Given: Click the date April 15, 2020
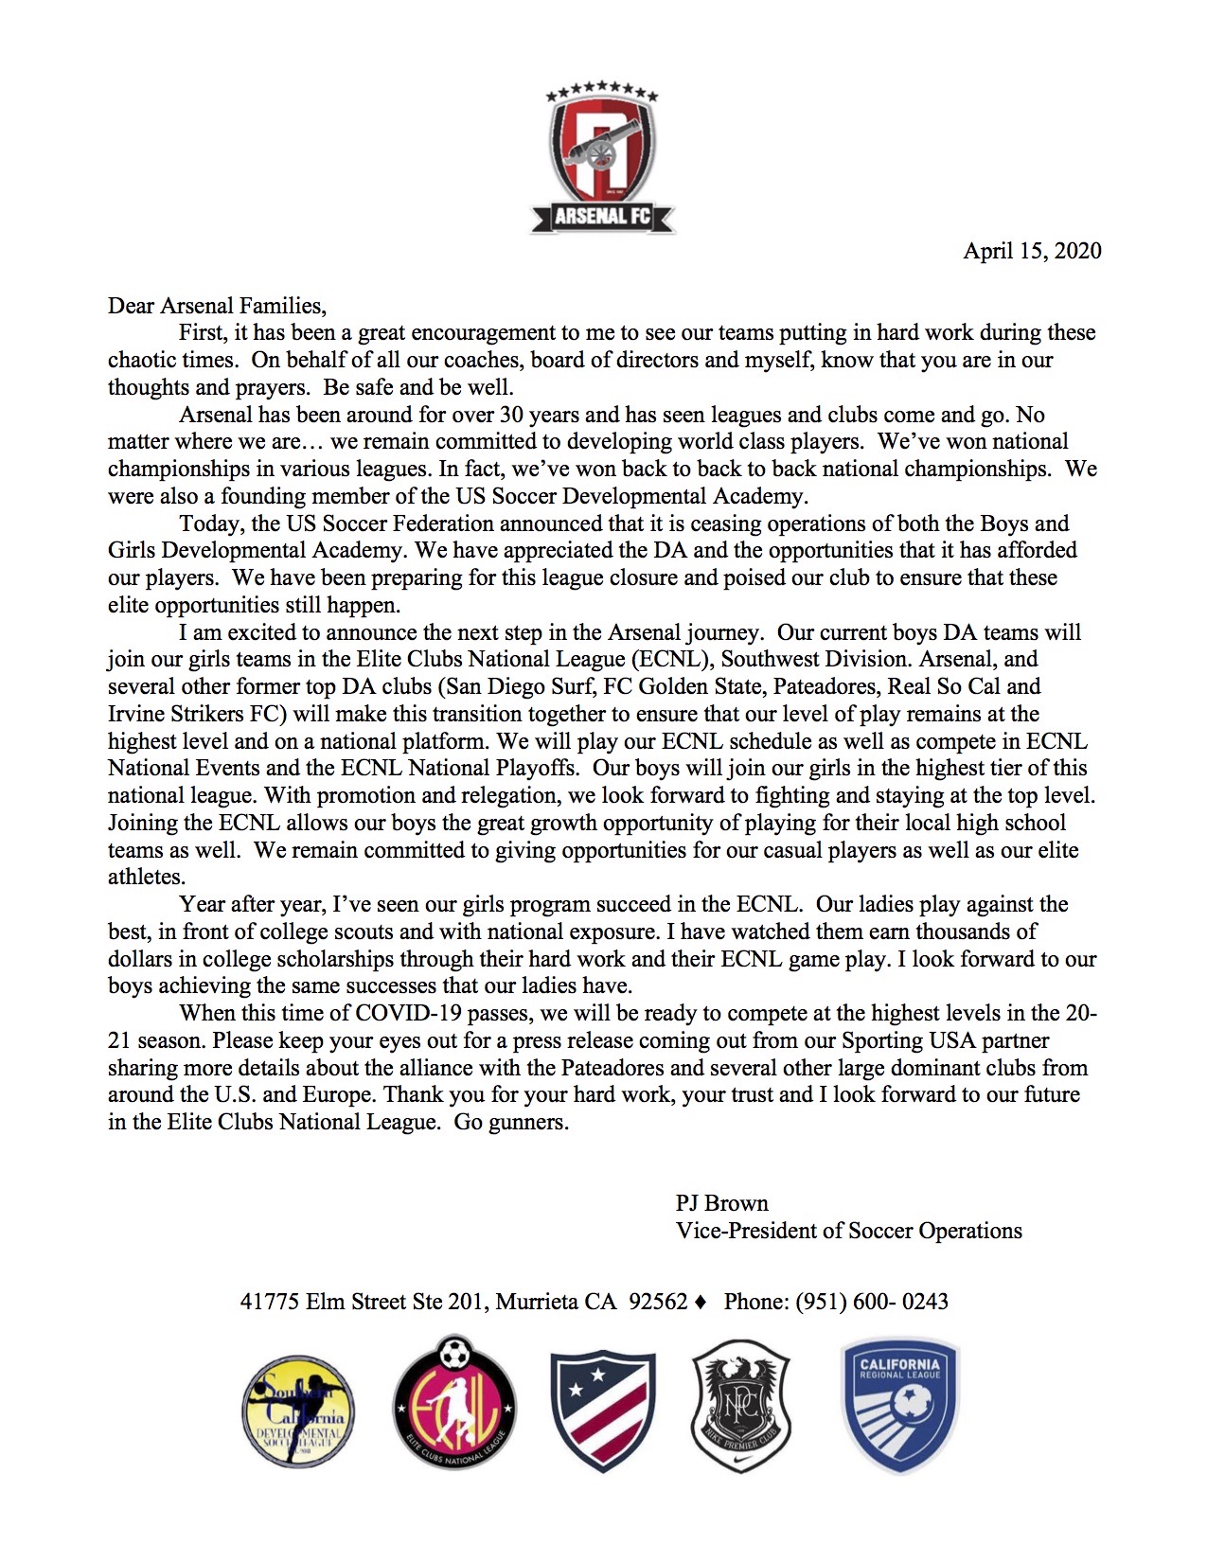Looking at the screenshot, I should click(1032, 251).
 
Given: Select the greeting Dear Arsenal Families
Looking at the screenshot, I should click(217, 306).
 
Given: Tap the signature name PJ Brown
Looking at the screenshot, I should click(721, 1203).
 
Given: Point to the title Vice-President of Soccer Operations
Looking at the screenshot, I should click(848, 1231).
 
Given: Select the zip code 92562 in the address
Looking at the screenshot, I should click(658, 1302).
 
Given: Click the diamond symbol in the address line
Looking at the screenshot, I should click(701, 1303).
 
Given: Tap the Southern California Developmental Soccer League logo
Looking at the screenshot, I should click(296, 1409).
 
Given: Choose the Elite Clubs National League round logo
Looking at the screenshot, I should click(454, 1404).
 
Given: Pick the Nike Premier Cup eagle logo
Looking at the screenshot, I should click(741, 1407).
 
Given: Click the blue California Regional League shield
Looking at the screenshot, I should click(899, 1405).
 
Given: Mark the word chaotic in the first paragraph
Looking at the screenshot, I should click(143, 361).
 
